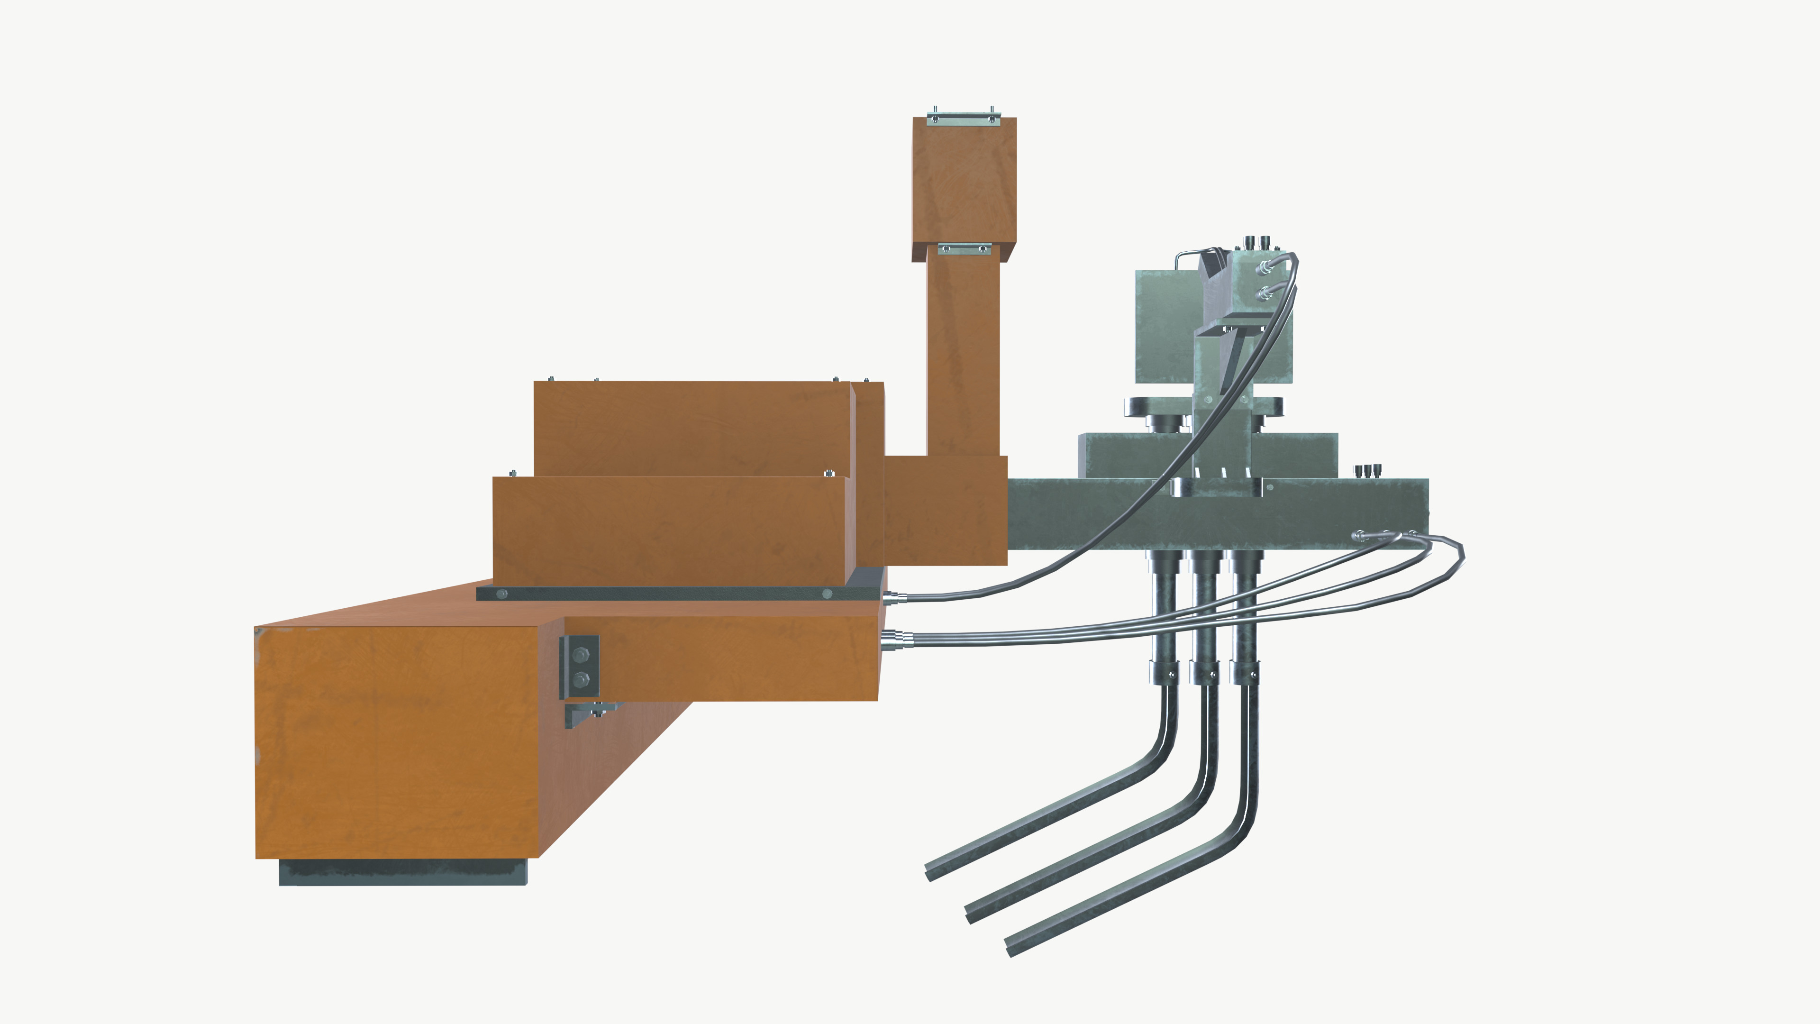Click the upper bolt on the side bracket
pyautogui.click(x=580, y=655)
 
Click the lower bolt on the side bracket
pyautogui.click(x=581, y=680)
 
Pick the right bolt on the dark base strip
pyautogui.click(x=828, y=594)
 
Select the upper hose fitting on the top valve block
pyautogui.click(x=1263, y=266)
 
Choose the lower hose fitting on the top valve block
pyautogui.click(x=1263, y=291)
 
